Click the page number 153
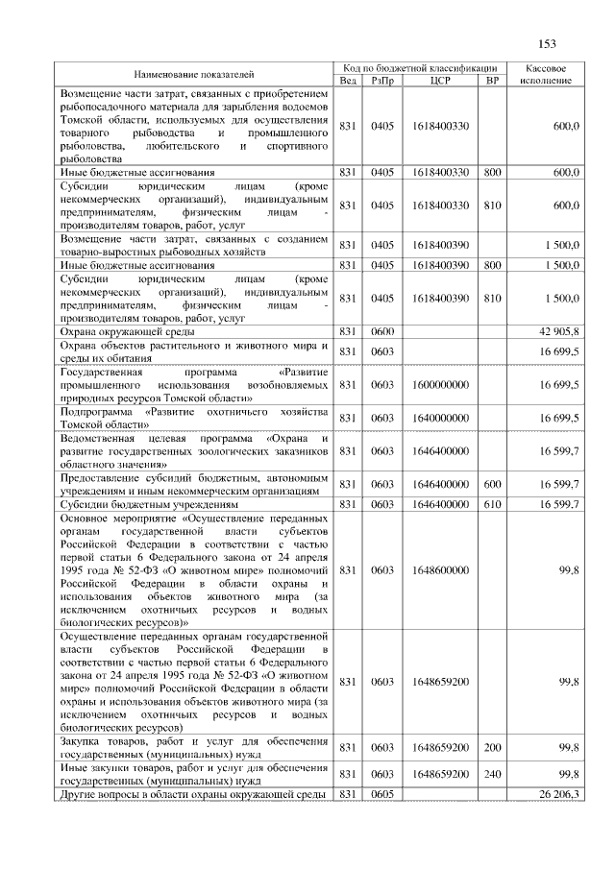[x=548, y=43]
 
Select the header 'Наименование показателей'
[x=195, y=73]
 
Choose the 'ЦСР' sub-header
[x=441, y=80]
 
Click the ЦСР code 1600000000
[x=441, y=384]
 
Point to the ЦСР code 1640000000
[x=441, y=418]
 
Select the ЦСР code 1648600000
[x=441, y=569]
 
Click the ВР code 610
[x=492, y=503]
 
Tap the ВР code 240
[x=492, y=774]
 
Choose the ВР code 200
[x=492, y=747]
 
